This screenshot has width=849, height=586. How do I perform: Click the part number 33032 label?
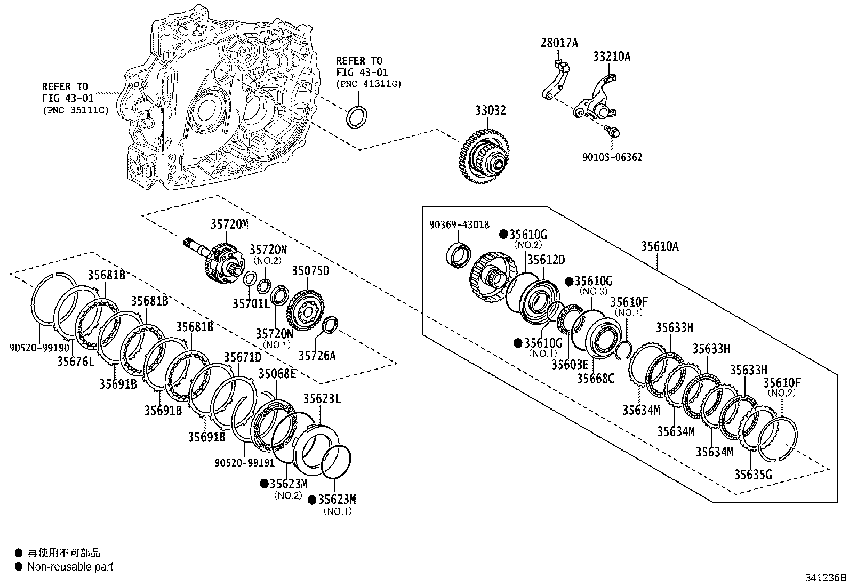tap(491, 110)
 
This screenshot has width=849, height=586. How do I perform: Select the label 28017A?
tap(559, 43)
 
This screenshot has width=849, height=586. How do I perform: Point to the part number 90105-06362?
tap(612, 157)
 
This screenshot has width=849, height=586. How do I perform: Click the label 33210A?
tap(611, 56)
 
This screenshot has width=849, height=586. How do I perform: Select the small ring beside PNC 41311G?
tap(356, 117)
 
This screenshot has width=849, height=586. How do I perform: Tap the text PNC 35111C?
tap(75, 110)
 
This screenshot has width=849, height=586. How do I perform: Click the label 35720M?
tap(229, 224)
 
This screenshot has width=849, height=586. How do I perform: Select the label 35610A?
tap(660, 246)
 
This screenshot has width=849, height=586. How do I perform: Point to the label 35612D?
tap(546, 260)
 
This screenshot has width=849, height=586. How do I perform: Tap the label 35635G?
tap(752, 475)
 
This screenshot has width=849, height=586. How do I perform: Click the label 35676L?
tap(76, 362)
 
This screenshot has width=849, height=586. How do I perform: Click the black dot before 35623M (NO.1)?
tap(312, 500)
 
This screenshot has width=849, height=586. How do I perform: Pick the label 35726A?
tap(317, 356)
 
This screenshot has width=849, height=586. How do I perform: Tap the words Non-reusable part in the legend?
tap(70, 567)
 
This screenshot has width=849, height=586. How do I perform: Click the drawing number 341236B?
tap(826, 578)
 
